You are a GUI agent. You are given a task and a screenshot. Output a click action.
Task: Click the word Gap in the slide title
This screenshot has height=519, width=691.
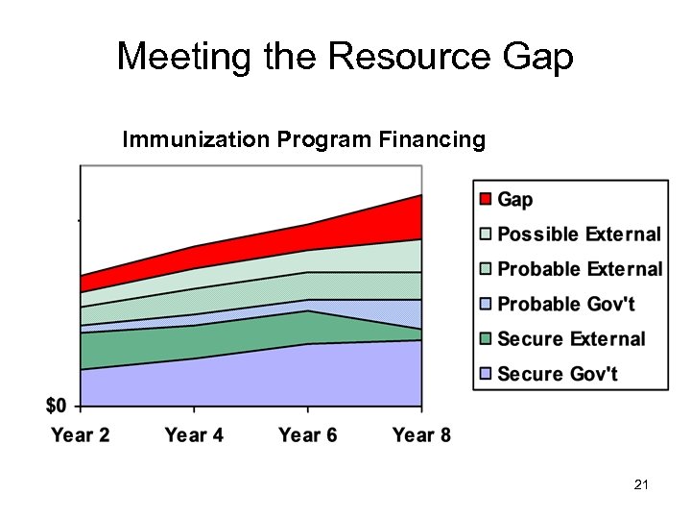pyautogui.click(x=537, y=57)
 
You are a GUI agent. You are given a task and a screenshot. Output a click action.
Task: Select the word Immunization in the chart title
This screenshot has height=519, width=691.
pyautogui.click(x=197, y=140)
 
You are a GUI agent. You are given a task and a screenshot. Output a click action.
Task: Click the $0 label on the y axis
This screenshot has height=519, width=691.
pyautogui.click(x=56, y=405)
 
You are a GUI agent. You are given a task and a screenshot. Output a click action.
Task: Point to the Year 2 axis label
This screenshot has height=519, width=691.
pyautogui.click(x=81, y=435)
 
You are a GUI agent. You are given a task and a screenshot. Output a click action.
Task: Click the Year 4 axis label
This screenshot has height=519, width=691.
pyautogui.click(x=194, y=435)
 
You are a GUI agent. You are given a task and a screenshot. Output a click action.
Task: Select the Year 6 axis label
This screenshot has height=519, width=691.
pyautogui.click(x=307, y=435)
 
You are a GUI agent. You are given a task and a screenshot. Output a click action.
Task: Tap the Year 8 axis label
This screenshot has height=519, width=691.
pyautogui.click(x=421, y=435)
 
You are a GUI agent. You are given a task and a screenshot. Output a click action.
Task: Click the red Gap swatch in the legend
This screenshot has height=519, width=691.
pyautogui.click(x=485, y=199)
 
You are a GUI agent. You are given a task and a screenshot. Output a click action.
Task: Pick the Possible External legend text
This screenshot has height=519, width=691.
pyautogui.click(x=579, y=235)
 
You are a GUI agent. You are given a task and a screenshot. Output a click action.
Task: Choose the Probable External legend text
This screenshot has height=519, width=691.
pyautogui.click(x=580, y=269)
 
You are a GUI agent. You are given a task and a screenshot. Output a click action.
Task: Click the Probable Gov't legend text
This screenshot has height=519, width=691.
pyautogui.click(x=566, y=304)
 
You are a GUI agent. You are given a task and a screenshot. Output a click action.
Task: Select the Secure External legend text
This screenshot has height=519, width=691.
pyautogui.click(x=571, y=339)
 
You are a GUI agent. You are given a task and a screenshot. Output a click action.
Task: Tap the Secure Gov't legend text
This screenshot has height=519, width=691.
pyautogui.click(x=558, y=374)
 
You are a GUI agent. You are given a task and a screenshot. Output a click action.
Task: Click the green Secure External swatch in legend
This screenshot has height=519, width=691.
pyautogui.click(x=485, y=339)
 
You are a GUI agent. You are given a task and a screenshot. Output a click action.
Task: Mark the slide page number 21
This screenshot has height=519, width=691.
pyautogui.click(x=642, y=486)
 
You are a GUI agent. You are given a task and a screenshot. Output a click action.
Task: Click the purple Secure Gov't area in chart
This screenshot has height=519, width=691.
pyautogui.click(x=250, y=380)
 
